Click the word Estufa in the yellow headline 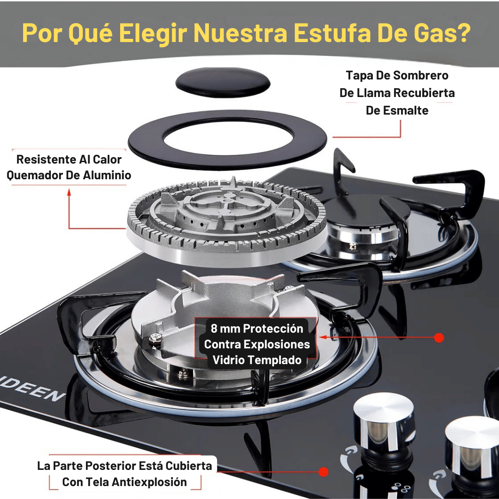(x=332, y=33)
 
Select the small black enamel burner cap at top (x=223, y=82)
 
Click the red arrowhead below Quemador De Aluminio (x=69, y=192)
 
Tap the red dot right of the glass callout (x=439, y=338)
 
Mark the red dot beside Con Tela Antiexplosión (x=323, y=472)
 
